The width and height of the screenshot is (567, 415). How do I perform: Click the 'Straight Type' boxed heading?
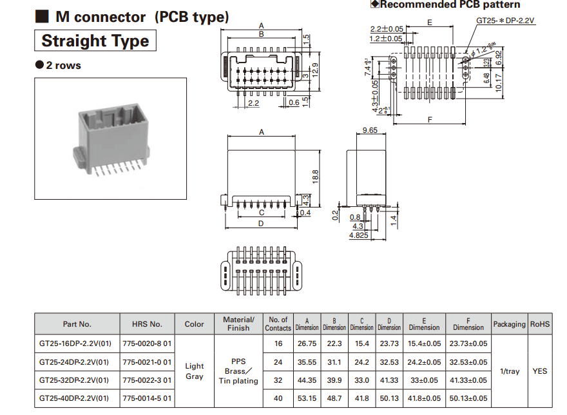click(x=95, y=41)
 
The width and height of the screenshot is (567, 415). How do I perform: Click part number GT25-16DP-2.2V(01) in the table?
click(x=74, y=343)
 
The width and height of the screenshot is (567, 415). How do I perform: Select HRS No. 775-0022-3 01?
click(x=147, y=380)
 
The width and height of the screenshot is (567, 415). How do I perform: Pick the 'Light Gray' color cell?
click(x=194, y=371)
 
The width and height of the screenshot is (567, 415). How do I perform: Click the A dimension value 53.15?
click(x=307, y=398)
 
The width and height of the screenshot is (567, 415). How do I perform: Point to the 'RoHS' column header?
click(x=540, y=324)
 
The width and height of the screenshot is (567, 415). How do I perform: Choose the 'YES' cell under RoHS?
click(x=540, y=371)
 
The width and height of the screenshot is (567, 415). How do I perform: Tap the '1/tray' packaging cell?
click(x=509, y=371)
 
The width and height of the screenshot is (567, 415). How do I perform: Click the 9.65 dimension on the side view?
click(x=370, y=130)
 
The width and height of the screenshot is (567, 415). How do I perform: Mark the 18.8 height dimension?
click(x=316, y=175)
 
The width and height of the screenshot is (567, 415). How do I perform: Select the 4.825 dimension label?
click(x=359, y=236)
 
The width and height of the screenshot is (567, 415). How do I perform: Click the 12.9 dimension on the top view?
click(x=315, y=69)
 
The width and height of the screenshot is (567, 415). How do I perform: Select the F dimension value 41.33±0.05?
click(x=468, y=380)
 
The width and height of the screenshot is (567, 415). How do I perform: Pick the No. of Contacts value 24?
click(x=278, y=362)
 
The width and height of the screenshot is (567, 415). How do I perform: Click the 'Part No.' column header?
click(x=77, y=324)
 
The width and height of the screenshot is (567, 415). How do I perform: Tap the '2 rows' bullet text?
click(x=63, y=65)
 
